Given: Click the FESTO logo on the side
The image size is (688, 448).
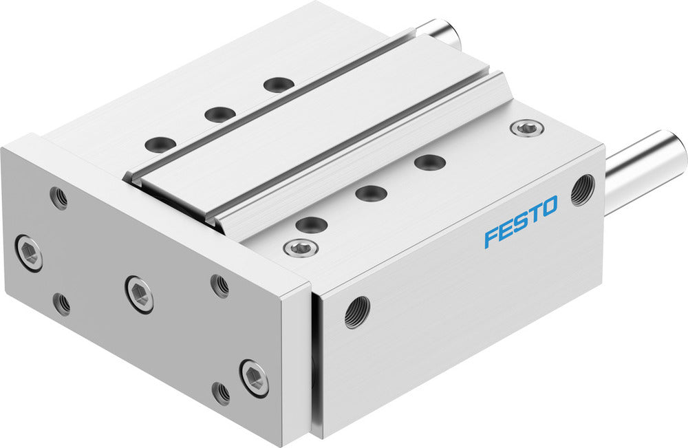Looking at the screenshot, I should click(x=520, y=222).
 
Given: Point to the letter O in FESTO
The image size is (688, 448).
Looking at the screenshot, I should click(x=548, y=206).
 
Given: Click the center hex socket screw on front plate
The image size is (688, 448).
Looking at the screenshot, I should click(x=139, y=294).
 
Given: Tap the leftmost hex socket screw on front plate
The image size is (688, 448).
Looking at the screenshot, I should click(x=28, y=253).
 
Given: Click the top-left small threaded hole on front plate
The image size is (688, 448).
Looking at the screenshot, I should click(x=60, y=198).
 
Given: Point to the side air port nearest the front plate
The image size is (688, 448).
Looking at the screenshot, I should click(x=357, y=312).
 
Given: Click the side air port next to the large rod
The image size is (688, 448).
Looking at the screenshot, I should click(x=582, y=190).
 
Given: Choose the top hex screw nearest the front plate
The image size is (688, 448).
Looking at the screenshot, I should click(x=297, y=247).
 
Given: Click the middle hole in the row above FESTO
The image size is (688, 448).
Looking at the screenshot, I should click(x=371, y=193).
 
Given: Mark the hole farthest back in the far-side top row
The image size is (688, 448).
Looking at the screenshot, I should click(x=279, y=85).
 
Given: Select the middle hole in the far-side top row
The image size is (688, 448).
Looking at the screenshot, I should click(x=219, y=114).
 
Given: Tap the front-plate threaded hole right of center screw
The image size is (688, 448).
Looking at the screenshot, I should click(x=219, y=285).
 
